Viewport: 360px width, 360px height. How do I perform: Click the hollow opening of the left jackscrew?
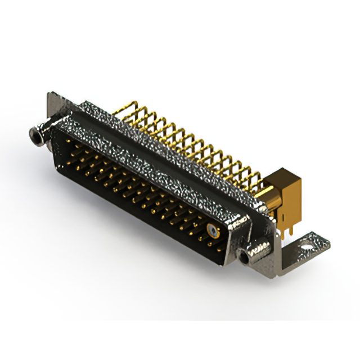point(32,133)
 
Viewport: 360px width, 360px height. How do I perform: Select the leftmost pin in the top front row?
point(69,142)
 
